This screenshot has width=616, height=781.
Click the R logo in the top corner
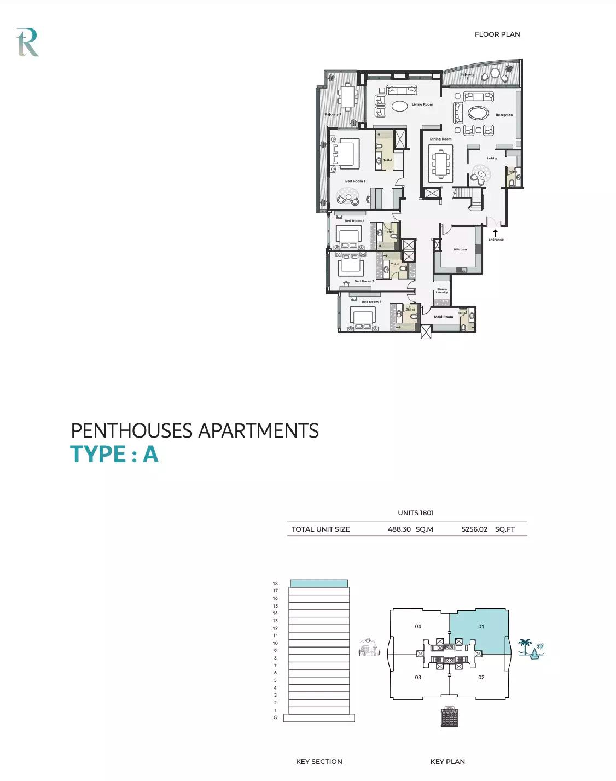point(27,43)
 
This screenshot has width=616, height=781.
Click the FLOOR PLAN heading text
point(497,34)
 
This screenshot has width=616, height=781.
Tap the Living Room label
point(422,104)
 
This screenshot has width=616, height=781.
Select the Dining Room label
point(440,139)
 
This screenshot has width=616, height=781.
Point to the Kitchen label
point(460,249)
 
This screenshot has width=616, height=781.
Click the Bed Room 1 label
point(355,181)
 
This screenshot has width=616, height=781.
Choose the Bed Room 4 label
point(371,302)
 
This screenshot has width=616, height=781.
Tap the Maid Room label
point(443,317)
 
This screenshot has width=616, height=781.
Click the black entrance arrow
point(495,233)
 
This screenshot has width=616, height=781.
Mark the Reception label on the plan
point(504,115)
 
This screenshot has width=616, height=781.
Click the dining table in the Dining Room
point(440,164)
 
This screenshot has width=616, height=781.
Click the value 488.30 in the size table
point(399,529)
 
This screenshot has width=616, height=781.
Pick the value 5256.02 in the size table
point(474,529)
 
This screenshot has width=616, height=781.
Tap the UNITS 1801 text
point(416,513)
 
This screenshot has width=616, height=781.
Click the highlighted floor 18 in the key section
point(318,584)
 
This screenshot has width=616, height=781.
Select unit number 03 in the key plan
point(418,677)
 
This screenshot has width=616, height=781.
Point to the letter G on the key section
point(275,718)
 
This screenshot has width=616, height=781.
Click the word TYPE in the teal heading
point(97,454)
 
